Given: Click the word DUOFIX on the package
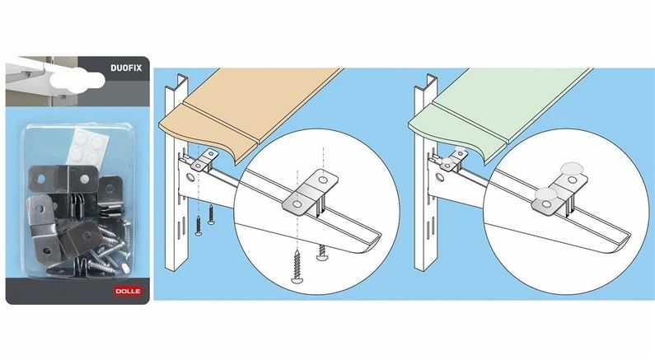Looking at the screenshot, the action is click(x=126, y=68).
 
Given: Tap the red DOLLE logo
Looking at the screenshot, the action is click(x=128, y=291).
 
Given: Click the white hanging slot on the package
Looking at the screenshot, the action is click(x=77, y=80).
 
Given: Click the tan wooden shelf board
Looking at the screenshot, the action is click(x=246, y=110).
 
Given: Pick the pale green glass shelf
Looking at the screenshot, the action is click(x=497, y=110).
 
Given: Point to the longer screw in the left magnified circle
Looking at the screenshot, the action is click(x=297, y=266).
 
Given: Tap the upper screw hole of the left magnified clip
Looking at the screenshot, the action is click(x=323, y=180).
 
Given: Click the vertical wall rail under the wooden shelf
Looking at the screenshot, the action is click(x=177, y=175).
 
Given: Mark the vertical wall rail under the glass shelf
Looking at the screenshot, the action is click(x=426, y=175).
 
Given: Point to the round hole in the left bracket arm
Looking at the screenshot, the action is click(x=190, y=178).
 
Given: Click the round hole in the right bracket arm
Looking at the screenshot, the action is click(x=439, y=178).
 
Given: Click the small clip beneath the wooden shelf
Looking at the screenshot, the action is click(x=204, y=161).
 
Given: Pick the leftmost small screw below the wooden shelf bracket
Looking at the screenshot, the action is click(x=199, y=226).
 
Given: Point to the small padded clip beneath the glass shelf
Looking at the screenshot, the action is click(x=452, y=160).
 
